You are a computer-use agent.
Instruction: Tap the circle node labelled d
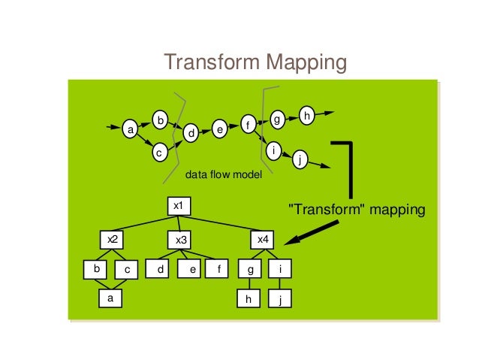[x=191, y=133]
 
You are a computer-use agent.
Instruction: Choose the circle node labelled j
[x=300, y=159]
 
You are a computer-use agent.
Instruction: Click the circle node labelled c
[x=158, y=152]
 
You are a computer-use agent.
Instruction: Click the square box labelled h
[x=248, y=298]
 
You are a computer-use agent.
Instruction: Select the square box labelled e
[x=192, y=268]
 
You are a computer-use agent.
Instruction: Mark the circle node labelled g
[x=276, y=119]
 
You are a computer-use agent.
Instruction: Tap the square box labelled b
[x=96, y=268]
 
